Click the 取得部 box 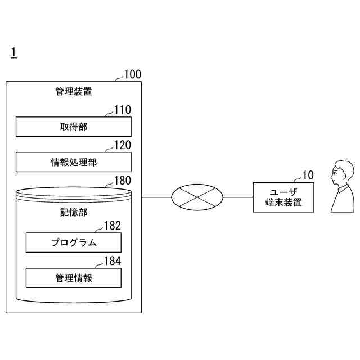73,127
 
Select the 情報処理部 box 73,162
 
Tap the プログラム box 73,242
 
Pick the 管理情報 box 73,278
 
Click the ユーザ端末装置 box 283,197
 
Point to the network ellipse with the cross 197,197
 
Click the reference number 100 133,74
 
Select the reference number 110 123,110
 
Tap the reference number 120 123,145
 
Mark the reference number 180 123,181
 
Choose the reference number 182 112,226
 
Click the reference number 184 112,261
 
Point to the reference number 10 308,175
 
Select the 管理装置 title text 73,91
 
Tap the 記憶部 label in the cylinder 73,213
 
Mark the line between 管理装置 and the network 156,197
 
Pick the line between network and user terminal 238,197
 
